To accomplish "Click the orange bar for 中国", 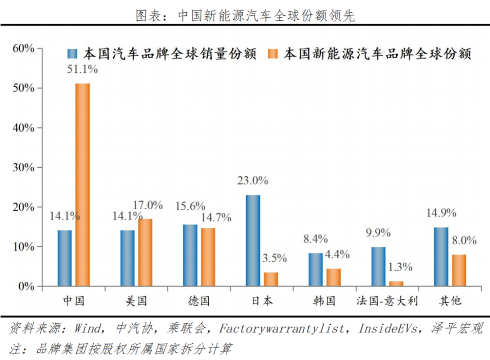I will (83, 185).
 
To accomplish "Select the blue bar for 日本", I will (253, 241).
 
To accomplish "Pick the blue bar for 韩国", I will (315, 270).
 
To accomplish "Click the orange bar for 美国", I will (145, 252).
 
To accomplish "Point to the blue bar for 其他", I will (441, 257).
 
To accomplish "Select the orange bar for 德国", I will (208, 257).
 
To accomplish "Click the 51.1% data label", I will (82, 70).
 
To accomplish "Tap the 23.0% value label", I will (252, 181).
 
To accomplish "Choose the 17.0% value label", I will (148, 205).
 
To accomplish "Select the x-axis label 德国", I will (199, 300).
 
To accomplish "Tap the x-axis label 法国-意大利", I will (387, 300).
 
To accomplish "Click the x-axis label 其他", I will (450, 300).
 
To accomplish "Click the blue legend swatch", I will (72, 54).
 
